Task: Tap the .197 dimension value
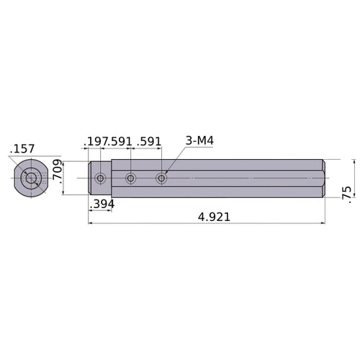96,141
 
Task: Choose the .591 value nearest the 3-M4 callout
148,141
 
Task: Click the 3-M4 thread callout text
199,140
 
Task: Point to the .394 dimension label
102,204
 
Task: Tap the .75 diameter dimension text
348,192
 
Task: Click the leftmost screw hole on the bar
100,178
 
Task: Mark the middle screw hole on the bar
130,178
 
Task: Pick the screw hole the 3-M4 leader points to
161,178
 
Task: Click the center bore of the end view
30,178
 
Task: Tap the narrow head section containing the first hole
100,187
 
